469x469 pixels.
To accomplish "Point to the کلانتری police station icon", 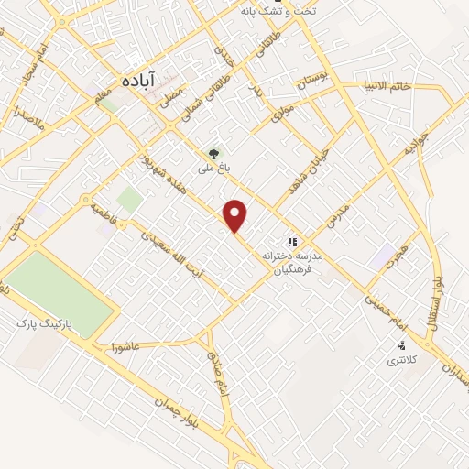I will (401, 346).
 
